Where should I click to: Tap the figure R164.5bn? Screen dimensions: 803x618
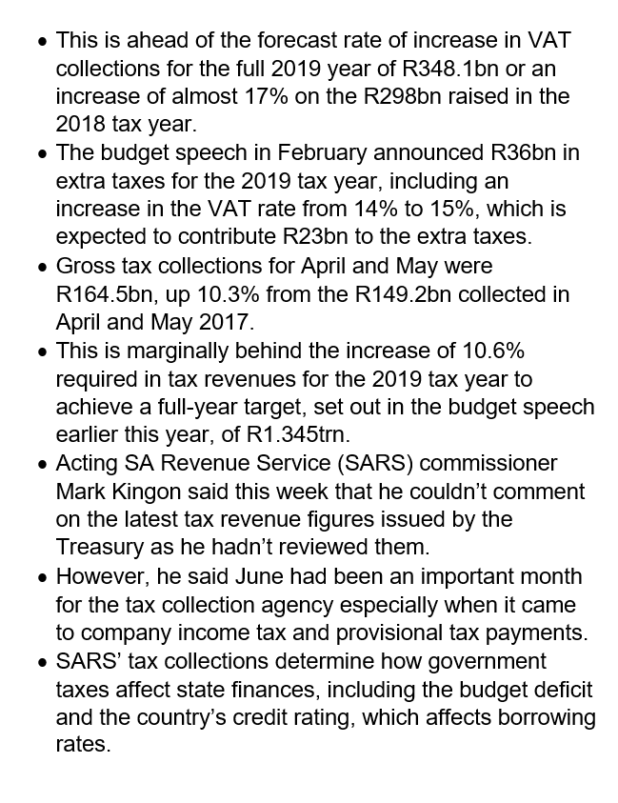108,293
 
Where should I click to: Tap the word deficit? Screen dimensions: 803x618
562,689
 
